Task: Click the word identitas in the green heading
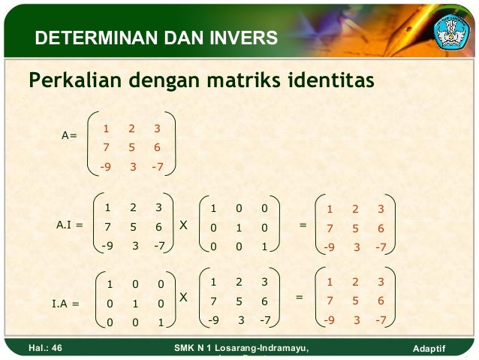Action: pyautogui.click(x=329, y=79)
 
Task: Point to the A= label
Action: pyautogui.click(x=70, y=135)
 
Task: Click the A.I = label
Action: pyautogui.click(x=70, y=224)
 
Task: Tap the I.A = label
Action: pyautogui.click(x=65, y=304)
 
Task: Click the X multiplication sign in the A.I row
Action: pyautogui.click(x=184, y=224)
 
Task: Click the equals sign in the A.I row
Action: pyautogui.click(x=303, y=224)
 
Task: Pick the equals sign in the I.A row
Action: pyautogui.click(x=299, y=298)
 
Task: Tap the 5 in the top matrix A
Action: pyautogui.click(x=133, y=148)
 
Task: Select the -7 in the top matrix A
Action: pyautogui.click(x=157, y=167)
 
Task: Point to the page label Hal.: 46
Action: pyautogui.click(x=45, y=349)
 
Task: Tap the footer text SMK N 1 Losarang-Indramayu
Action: pyautogui.click(x=240, y=348)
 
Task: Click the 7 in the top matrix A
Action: pyautogui.click(x=107, y=148)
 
